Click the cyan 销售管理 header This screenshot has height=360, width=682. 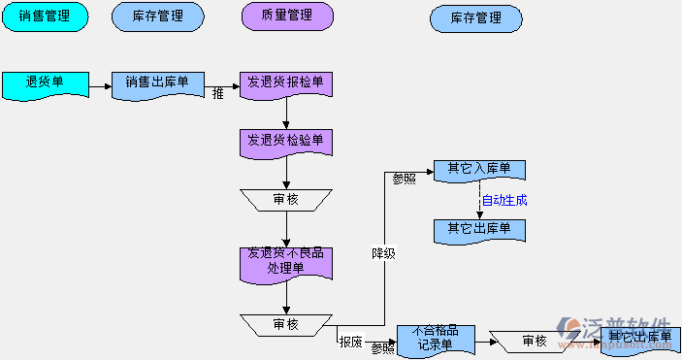click(x=45, y=16)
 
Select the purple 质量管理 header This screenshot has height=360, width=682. click(x=286, y=16)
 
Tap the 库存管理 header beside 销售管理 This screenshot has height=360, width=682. click(x=158, y=16)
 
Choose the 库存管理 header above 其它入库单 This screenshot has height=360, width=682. click(x=475, y=17)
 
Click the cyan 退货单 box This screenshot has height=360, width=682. click(x=45, y=84)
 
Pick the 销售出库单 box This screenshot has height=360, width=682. click(x=157, y=84)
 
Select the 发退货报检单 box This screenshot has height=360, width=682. click(x=286, y=84)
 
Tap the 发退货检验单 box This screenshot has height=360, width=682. click(x=286, y=142)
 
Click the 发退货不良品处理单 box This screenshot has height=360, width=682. click(x=286, y=263)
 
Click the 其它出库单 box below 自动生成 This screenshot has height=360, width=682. click(x=479, y=230)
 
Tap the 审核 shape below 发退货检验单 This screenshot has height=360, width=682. click(x=286, y=199)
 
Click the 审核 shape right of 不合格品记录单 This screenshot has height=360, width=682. click(x=535, y=341)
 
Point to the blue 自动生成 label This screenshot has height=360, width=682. click(x=504, y=201)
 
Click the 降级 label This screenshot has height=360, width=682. click(x=384, y=254)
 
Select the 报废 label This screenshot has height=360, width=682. click(x=350, y=342)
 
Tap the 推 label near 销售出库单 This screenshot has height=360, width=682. click(x=217, y=94)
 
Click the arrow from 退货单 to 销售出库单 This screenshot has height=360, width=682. click(x=100, y=85)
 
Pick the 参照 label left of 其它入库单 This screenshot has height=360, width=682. click(x=405, y=180)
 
